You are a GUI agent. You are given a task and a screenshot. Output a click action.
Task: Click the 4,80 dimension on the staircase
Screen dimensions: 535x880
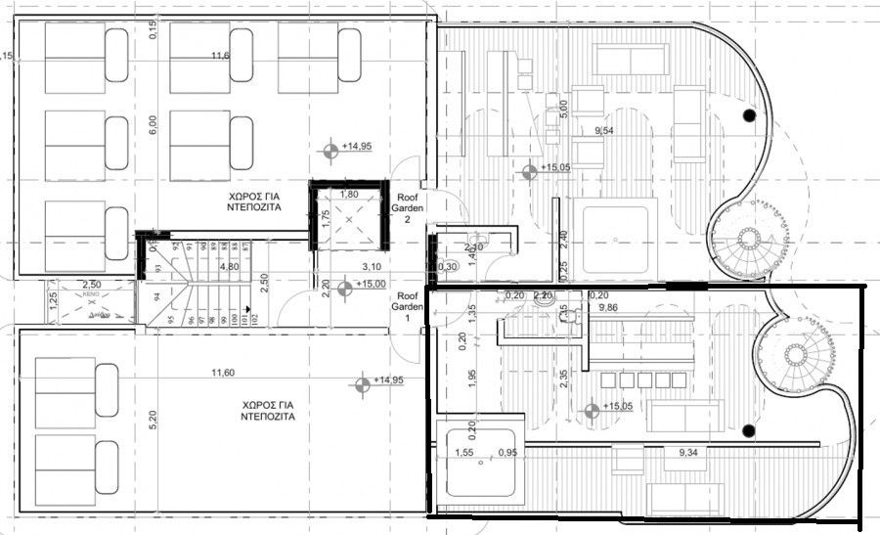click(x=231, y=265)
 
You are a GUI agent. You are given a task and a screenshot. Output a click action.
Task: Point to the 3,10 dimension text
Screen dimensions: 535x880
click(x=371, y=266)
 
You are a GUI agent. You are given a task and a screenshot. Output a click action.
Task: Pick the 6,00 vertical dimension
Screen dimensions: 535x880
click(x=153, y=125)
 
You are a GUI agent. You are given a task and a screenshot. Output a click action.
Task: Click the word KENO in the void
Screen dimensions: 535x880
click(x=91, y=292)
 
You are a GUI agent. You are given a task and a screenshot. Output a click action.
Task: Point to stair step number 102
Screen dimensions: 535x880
click(x=254, y=318)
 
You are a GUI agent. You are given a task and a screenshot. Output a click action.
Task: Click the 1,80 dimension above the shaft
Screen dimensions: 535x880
click(x=348, y=195)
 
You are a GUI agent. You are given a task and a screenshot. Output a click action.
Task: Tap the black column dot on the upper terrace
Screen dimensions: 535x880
click(x=749, y=115)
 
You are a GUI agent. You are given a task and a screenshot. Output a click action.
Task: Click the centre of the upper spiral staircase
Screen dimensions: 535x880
click(x=750, y=239)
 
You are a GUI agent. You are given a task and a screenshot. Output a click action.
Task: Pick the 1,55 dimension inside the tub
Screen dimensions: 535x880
click(x=463, y=452)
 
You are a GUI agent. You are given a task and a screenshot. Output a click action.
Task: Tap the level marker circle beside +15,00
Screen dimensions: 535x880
click(x=343, y=289)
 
